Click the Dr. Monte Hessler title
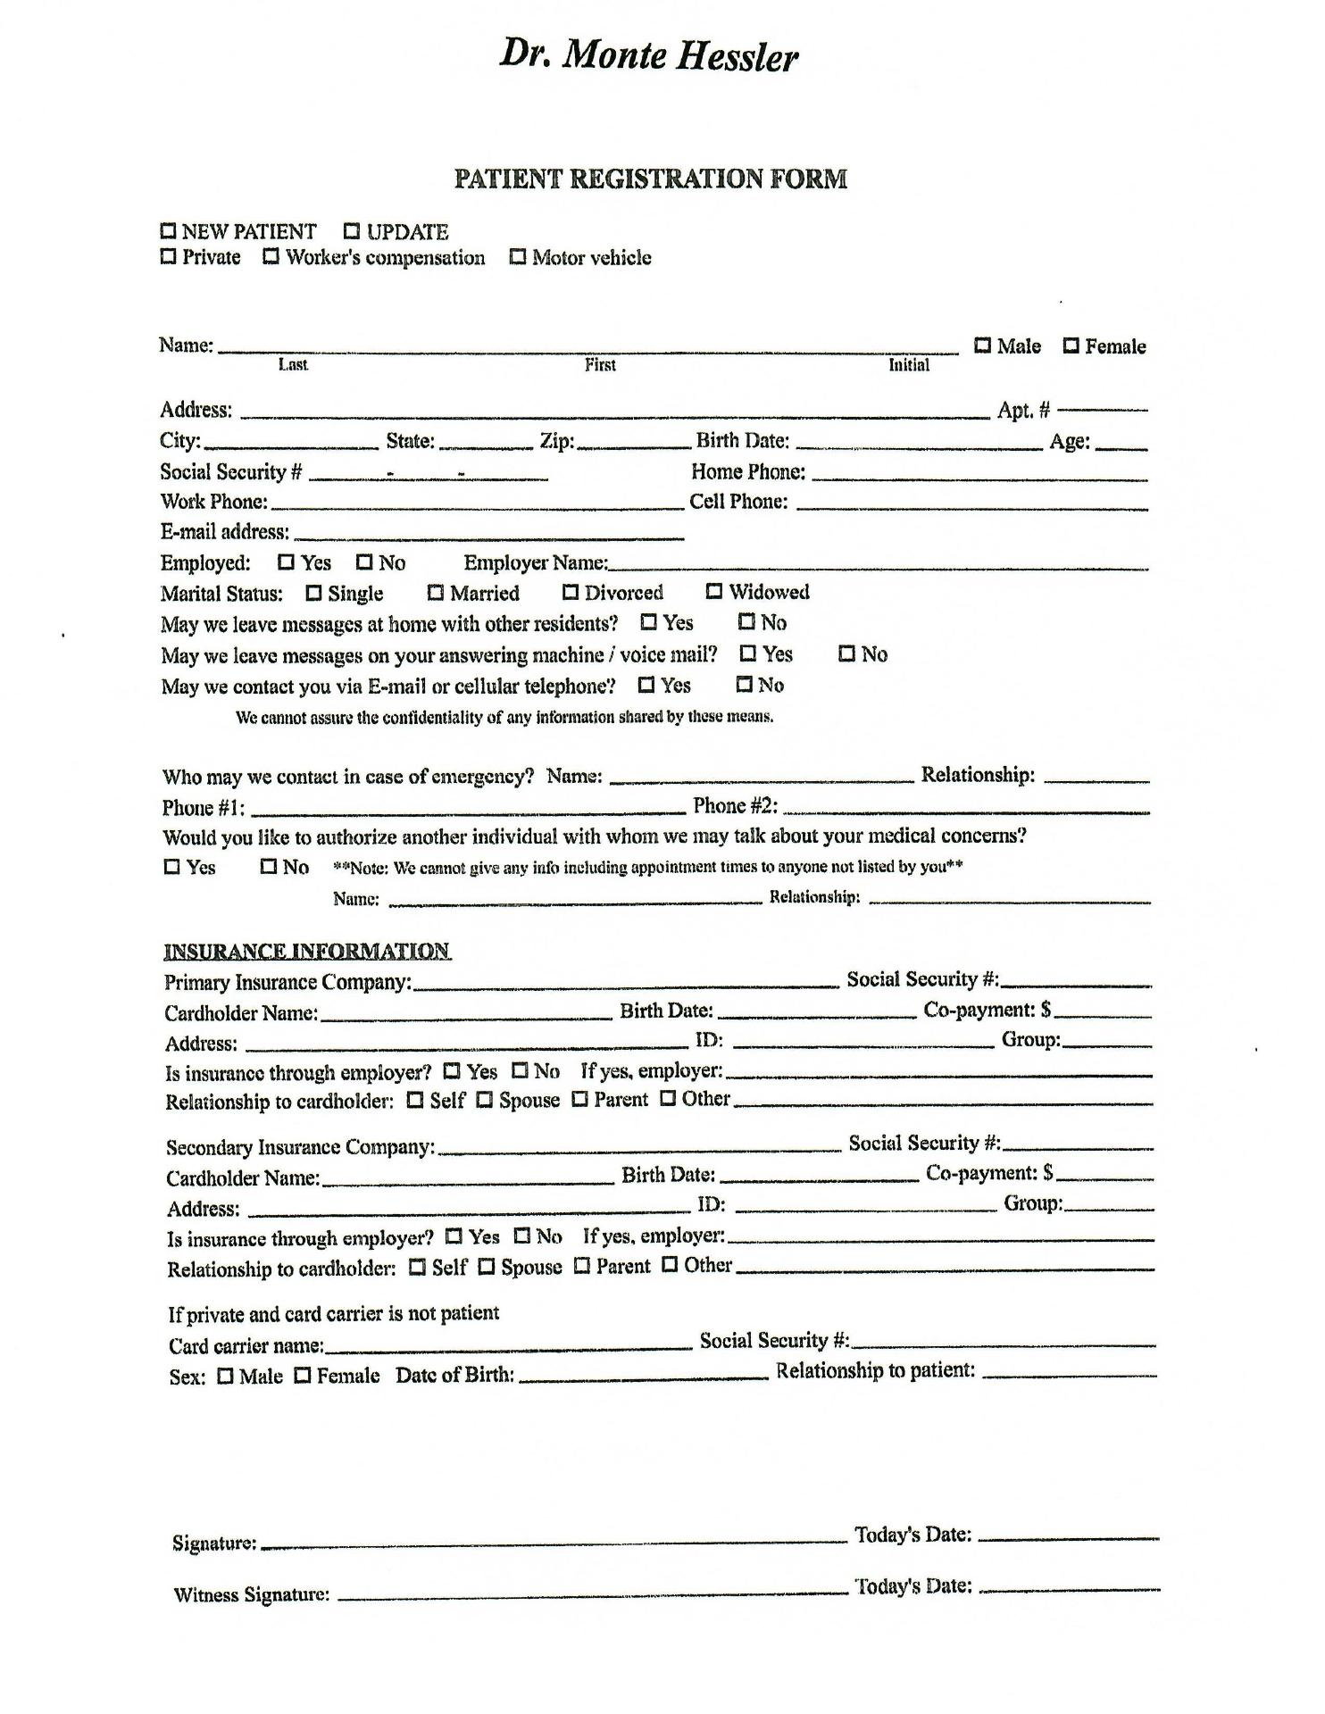648,56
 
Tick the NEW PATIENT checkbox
169,231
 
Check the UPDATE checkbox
352,231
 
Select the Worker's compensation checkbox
271,257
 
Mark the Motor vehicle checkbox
518,257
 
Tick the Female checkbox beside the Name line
1071,345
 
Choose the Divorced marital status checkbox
571,592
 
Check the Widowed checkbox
714,591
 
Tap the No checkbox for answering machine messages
847,653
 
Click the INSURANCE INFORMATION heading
307,951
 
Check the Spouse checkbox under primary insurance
485,1100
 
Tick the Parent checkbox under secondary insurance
582,1266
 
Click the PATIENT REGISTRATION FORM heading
650,179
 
